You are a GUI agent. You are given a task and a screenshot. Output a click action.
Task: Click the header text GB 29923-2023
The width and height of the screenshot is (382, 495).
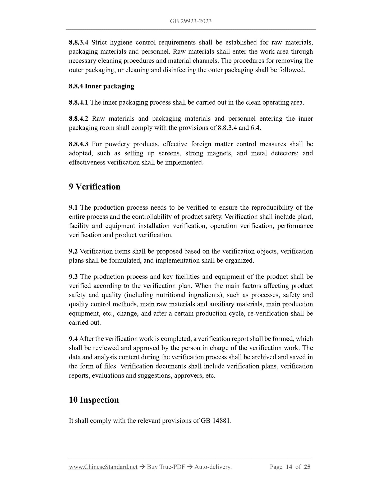191,21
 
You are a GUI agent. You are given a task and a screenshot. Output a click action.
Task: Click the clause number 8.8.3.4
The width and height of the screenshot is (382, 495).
79,42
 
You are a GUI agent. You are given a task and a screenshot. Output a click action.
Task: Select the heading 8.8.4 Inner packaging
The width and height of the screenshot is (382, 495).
101,86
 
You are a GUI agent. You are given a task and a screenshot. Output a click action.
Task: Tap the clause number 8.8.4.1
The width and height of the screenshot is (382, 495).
79,102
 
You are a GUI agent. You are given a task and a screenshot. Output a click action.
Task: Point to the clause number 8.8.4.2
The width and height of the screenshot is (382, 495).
79,119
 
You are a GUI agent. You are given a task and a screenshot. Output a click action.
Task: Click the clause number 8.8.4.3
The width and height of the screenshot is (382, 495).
79,144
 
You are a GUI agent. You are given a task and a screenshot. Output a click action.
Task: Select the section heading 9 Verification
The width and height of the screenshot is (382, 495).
94,187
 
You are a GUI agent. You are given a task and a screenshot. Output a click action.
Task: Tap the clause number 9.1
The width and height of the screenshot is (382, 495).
73,208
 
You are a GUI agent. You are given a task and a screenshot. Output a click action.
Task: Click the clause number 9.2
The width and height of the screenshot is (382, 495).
73,251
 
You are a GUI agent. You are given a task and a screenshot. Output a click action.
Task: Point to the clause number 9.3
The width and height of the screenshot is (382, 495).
73,277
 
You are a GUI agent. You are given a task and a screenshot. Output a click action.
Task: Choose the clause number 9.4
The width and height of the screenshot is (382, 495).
73,339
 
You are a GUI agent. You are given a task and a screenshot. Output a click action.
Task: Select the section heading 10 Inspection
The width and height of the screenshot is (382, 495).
94,400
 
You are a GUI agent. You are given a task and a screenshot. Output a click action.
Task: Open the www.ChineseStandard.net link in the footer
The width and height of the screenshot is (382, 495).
103,467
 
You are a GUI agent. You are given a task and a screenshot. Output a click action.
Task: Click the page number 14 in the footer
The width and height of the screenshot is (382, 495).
289,467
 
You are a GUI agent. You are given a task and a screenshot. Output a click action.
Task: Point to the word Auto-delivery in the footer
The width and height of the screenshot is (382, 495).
213,467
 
